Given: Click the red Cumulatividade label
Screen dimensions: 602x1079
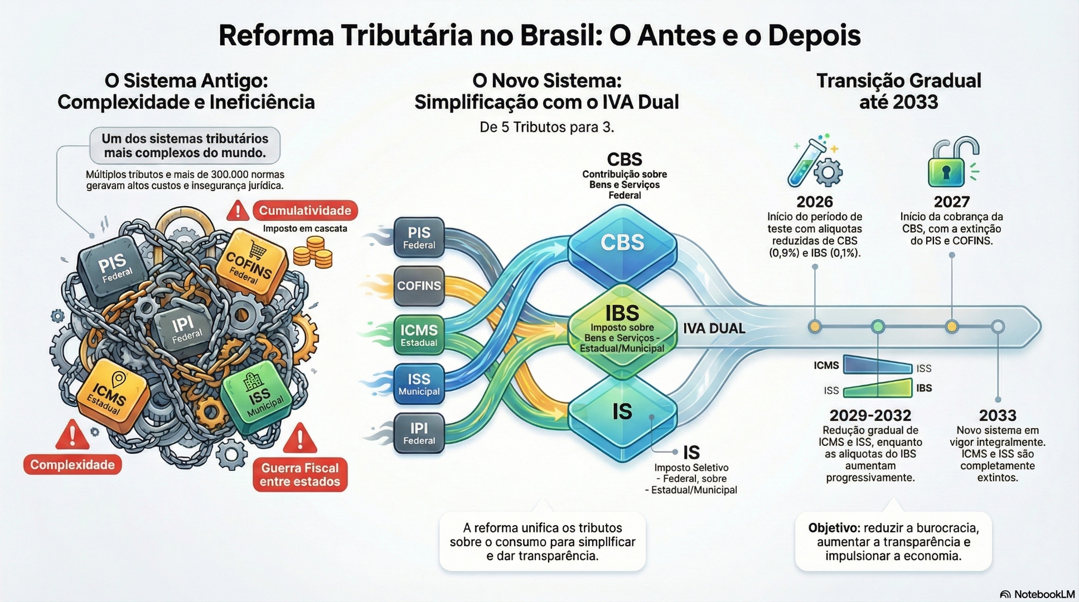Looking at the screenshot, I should click(x=304, y=211).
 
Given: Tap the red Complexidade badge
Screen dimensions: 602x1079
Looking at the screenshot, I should click(x=72, y=465).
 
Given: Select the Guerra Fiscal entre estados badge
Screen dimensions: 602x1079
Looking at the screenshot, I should click(x=300, y=475).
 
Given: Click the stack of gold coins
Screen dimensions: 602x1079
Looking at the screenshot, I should click(x=313, y=253).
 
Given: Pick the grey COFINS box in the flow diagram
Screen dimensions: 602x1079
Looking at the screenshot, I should click(x=419, y=286).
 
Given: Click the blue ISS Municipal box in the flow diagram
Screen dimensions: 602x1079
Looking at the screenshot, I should click(x=419, y=384).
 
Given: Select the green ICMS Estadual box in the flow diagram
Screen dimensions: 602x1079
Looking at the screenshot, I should click(x=419, y=335).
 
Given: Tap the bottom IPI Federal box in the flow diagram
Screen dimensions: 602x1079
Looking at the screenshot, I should click(x=419, y=433).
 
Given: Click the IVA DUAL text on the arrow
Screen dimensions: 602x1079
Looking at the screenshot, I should click(x=714, y=328).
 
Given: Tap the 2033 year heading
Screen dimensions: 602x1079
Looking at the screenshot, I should click(x=998, y=415).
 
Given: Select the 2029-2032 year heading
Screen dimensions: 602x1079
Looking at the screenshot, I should click(x=870, y=415).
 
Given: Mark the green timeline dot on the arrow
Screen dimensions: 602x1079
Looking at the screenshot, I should click(x=878, y=327).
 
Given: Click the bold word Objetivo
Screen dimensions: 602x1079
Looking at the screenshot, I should click(x=834, y=528).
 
